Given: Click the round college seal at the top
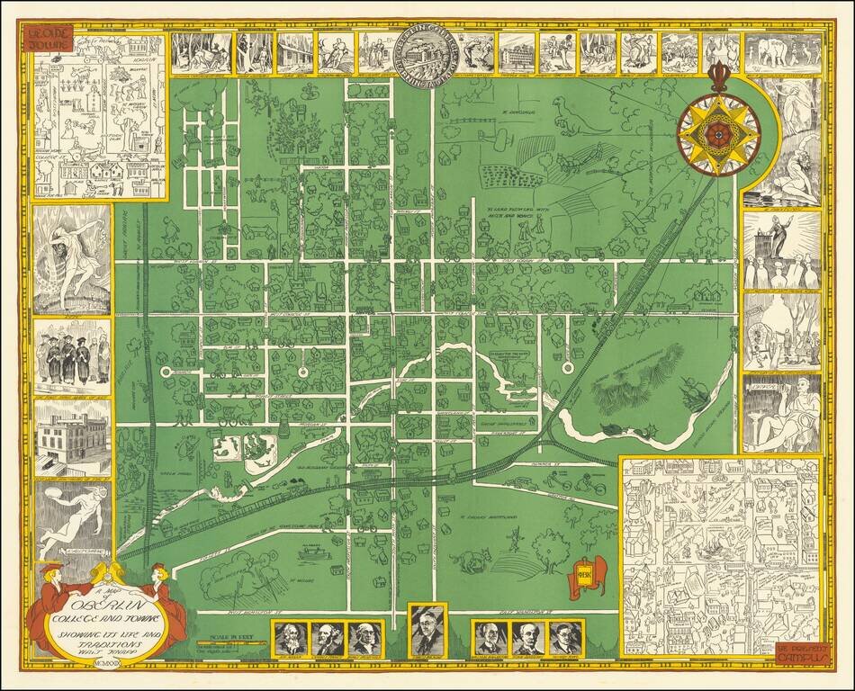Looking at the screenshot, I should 427,52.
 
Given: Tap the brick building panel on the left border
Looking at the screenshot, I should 72,437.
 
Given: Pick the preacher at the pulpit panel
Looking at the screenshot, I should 781,247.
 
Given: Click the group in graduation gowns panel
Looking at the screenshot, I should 72,354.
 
